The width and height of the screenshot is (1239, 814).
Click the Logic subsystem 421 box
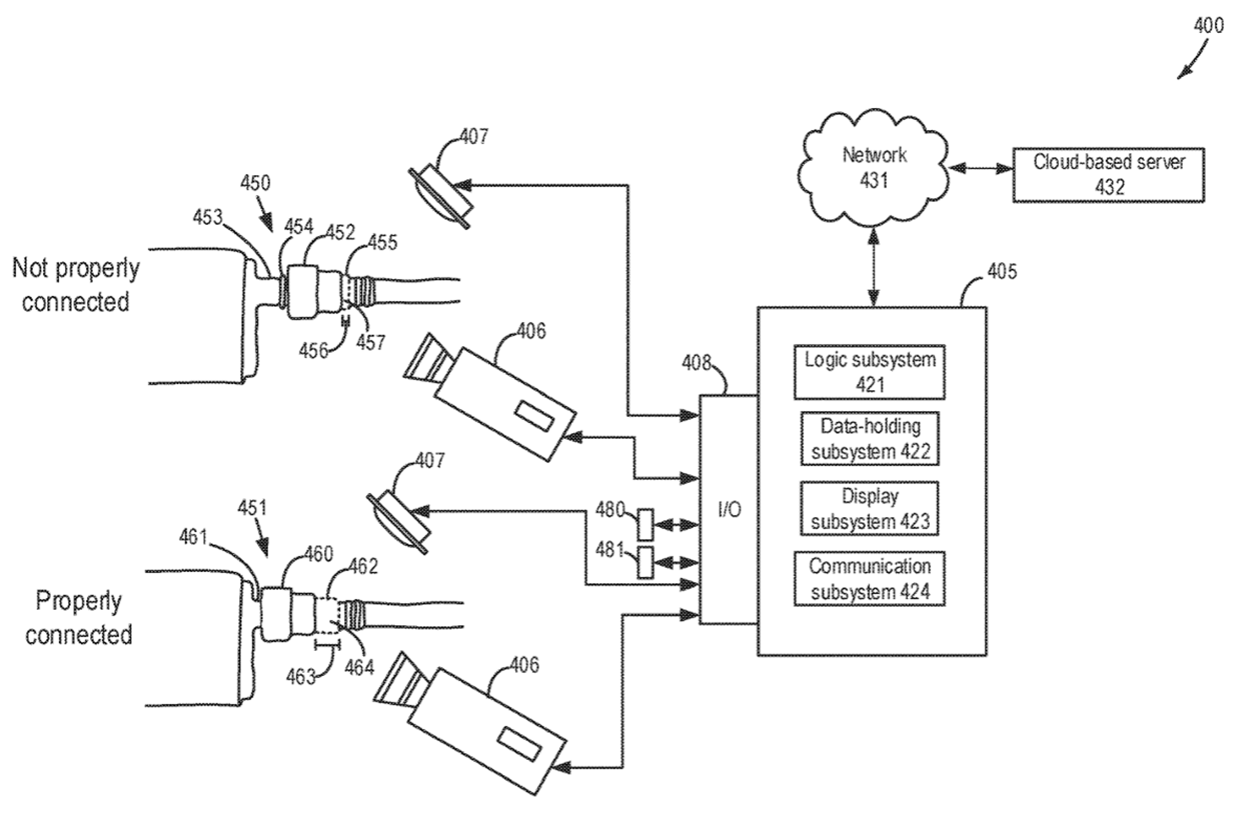point(869,372)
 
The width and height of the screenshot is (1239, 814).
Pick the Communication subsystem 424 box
point(869,579)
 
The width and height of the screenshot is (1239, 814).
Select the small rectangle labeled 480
point(646,524)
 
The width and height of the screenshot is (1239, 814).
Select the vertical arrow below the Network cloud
point(873,268)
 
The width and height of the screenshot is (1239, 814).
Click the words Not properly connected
point(76,285)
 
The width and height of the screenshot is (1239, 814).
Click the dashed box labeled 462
point(327,616)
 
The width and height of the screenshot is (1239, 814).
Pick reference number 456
point(313,351)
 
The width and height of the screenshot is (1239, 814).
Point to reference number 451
point(252,507)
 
